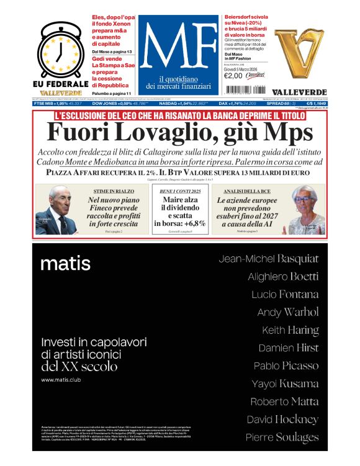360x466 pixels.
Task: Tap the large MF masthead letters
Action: pyautogui.click(x=179, y=47)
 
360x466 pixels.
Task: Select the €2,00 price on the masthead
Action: pyautogui.click(x=233, y=76)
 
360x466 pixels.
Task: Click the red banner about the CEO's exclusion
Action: pyautogui.click(x=179, y=115)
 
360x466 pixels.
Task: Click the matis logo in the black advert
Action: pyautogui.click(x=65, y=264)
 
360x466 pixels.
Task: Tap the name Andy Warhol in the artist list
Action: pyautogui.click(x=287, y=312)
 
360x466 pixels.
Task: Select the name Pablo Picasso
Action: pyautogui.click(x=286, y=365)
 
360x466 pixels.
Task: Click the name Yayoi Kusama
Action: pyautogui.click(x=285, y=383)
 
